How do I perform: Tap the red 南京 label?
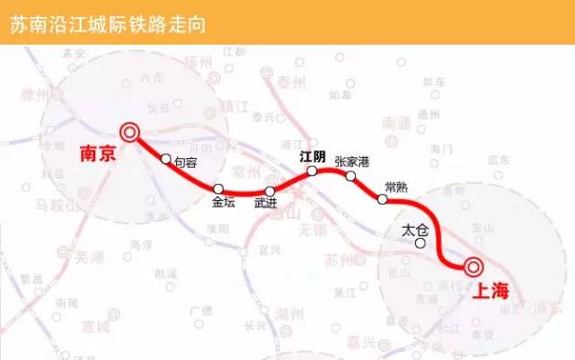click(98, 154)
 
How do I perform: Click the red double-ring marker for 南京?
click(130, 134)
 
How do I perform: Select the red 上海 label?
click(488, 290)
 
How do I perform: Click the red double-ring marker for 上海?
click(472, 267)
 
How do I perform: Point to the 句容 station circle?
click(165, 160)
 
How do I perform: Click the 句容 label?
click(186, 162)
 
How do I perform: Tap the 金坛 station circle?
click(219, 189)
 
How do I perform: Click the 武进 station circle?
click(270, 191)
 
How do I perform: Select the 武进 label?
click(267, 205)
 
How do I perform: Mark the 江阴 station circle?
click(311, 171)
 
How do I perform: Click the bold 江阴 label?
click(313, 155)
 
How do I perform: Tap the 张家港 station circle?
click(351, 176)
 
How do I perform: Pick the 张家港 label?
click(351, 161)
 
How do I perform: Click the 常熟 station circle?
click(383, 199)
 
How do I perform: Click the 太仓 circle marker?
click(420, 242)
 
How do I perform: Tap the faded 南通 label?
click(396, 123)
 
